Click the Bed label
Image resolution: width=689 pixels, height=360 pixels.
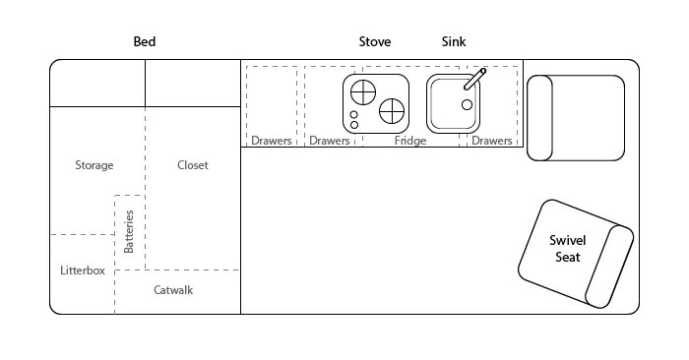tap(145, 42)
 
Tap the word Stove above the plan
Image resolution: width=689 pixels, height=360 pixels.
tap(374, 42)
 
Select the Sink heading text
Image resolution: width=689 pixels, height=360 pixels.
tap(453, 42)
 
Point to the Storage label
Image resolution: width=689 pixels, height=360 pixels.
tap(94, 165)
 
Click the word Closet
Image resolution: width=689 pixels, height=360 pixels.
tap(193, 165)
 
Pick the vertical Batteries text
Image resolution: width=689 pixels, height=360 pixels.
tap(129, 231)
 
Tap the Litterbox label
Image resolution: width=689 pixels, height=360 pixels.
tap(82, 270)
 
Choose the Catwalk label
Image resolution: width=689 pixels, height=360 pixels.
tap(173, 290)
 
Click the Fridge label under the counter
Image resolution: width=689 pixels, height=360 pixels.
tap(410, 141)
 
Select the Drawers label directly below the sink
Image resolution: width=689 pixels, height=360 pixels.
tap(492, 141)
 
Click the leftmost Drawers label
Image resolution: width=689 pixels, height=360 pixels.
tap(271, 141)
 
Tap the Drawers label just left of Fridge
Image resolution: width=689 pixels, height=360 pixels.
tap(330, 141)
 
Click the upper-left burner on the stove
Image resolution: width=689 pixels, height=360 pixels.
tap(363, 91)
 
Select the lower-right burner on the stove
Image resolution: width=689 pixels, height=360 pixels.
tap(392, 109)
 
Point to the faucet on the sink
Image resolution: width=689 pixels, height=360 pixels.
tap(475, 78)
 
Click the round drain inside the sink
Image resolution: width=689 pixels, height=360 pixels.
tap(467, 104)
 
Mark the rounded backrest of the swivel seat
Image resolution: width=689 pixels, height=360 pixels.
tap(610, 267)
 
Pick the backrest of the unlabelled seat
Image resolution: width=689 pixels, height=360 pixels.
tap(539, 117)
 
